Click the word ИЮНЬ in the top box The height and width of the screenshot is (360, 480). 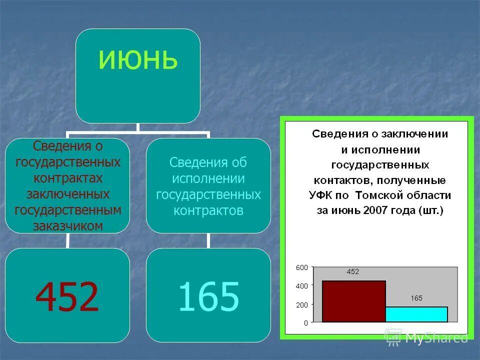click(138, 60)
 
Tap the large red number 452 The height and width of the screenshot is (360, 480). click(67, 296)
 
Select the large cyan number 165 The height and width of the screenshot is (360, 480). click(208, 296)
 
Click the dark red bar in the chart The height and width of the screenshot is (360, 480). click(353, 301)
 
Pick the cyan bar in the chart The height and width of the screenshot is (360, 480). click(416, 314)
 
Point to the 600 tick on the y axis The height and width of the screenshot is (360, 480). click(301, 267)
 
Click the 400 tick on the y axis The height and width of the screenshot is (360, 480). click(301, 286)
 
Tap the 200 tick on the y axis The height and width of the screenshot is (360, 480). click(301, 304)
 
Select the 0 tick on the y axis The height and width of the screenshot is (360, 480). click(305, 323)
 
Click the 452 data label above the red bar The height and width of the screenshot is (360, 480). click(353, 272)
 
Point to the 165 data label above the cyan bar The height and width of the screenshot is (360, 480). click(416, 298)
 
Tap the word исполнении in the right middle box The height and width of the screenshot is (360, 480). click(208, 178)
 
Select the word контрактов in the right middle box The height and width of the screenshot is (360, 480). click(208, 210)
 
